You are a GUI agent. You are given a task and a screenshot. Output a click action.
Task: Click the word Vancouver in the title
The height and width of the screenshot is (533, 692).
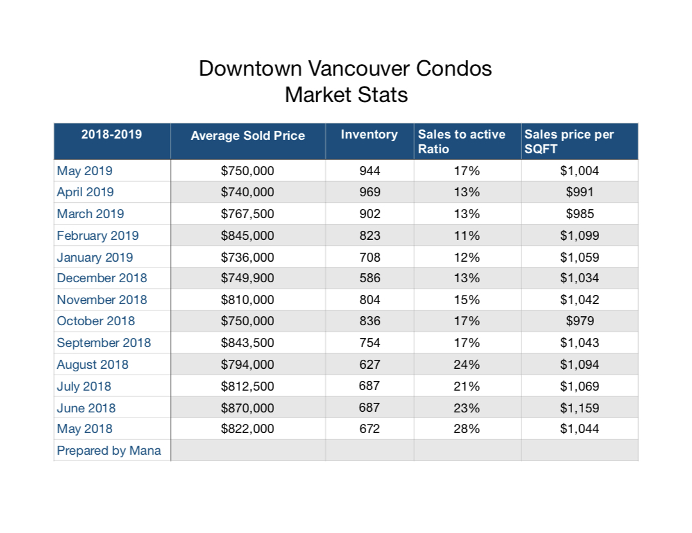point(359,69)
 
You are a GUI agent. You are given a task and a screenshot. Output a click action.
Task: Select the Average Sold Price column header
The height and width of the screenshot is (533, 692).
point(248,135)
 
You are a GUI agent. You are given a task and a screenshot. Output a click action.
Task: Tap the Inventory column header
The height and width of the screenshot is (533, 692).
point(369,134)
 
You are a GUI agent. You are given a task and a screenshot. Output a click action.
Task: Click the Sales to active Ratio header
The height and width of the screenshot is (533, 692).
point(462,141)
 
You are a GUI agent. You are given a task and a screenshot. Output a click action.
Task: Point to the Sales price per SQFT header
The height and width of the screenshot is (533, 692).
point(569,141)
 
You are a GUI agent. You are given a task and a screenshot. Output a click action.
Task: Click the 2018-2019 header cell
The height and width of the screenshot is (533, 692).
point(111,134)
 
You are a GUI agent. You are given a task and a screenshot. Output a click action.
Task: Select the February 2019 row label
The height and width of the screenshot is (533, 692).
point(97,235)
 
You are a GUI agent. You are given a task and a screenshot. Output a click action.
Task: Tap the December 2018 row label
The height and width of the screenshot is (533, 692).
point(102,278)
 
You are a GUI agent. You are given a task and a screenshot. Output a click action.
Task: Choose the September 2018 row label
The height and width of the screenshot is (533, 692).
point(104,343)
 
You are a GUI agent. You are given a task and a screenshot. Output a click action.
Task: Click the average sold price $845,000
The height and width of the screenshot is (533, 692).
point(248,235)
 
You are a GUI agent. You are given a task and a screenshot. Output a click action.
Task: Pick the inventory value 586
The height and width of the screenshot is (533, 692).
point(370,278)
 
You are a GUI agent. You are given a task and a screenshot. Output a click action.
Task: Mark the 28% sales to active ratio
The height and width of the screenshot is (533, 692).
point(467,429)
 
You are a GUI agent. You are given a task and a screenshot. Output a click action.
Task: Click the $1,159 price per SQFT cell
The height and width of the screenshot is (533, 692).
point(580,408)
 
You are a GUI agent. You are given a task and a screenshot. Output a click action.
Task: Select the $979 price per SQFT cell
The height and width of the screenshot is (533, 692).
point(580,321)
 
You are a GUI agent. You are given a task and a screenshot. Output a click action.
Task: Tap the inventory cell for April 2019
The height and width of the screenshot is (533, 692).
point(370,192)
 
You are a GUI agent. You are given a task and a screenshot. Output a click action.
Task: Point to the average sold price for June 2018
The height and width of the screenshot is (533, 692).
point(248,408)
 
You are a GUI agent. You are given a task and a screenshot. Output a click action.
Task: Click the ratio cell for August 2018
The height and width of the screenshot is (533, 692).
point(467,364)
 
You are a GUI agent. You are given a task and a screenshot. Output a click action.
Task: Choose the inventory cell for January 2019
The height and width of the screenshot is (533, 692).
point(370,257)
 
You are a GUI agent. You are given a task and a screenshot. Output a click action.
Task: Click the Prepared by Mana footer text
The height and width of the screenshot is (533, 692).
point(109,450)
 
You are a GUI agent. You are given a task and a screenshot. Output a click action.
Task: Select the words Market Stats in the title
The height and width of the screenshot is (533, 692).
point(346,94)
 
